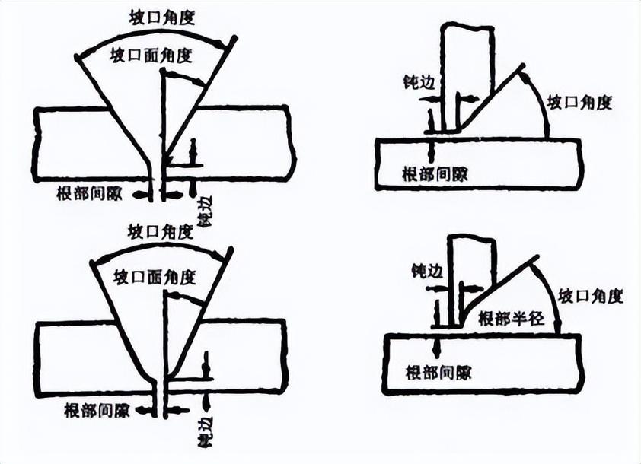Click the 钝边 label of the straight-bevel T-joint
click(x=402, y=80)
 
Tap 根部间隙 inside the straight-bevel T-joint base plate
click(x=435, y=174)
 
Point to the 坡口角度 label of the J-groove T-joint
click(x=591, y=296)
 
